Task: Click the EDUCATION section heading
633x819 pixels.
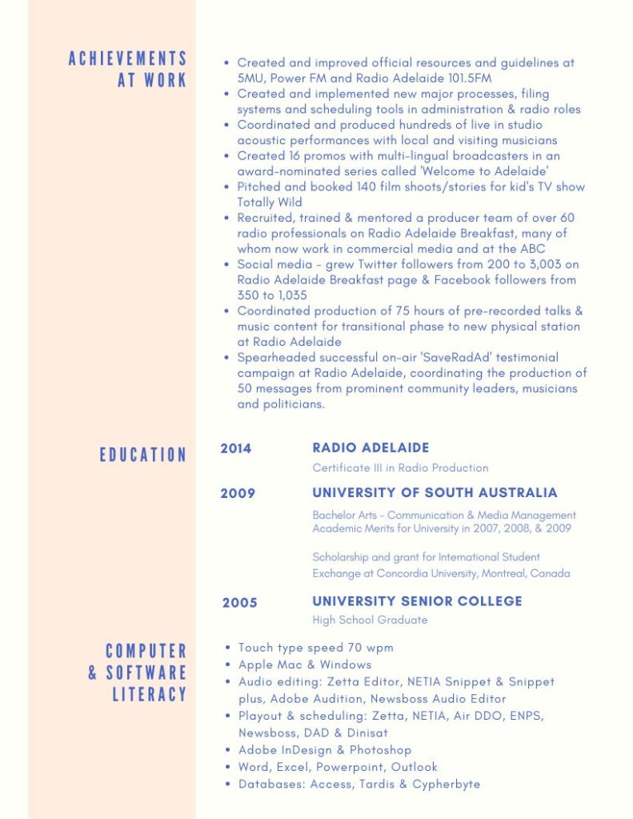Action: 142,455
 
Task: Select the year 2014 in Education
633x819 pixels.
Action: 236,448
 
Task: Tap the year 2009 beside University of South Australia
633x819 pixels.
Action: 238,493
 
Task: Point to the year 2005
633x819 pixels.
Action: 239,602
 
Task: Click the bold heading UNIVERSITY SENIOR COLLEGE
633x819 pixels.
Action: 417,601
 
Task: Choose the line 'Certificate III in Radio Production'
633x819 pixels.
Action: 400,468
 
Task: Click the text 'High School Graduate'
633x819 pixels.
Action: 370,620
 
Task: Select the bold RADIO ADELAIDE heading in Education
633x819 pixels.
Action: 371,448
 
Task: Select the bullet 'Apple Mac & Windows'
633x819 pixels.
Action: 305,664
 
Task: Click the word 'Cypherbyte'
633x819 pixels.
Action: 446,784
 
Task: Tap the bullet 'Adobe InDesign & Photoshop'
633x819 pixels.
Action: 325,750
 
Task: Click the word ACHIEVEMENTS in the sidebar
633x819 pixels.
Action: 127,58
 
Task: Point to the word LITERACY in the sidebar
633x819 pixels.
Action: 149,694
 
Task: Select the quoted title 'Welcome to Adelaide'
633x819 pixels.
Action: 488,171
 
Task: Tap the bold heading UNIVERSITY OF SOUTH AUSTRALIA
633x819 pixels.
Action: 435,492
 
